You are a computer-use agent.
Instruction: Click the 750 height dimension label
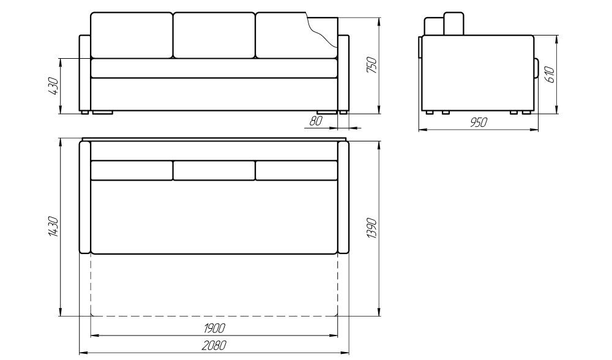(x=372, y=66)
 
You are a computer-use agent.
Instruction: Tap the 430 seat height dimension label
(x=53, y=86)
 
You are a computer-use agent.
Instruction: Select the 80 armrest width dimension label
(x=316, y=121)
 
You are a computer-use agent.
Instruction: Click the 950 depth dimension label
(x=479, y=122)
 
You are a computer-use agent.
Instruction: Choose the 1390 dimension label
(x=372, y=228)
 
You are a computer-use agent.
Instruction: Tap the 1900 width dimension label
(x=214, y=328)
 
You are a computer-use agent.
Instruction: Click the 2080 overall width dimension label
(x=214, y=345)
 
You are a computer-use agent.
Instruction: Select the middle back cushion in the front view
(x=214, y=35)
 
